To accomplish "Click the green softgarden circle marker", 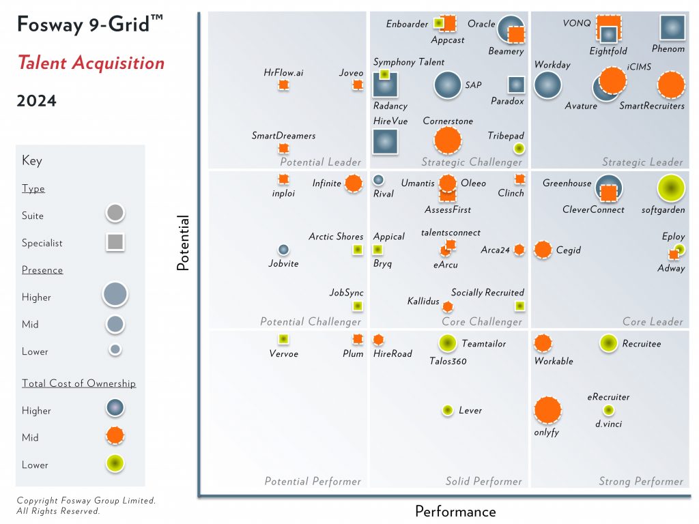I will point(671,189).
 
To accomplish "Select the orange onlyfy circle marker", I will point(547,410).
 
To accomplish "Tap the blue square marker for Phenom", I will point(672,27).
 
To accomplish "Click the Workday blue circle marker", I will point(547,86).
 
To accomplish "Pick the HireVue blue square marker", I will point(385,141).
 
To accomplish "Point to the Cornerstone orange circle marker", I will point(448,141).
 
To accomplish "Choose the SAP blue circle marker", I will point(448,85).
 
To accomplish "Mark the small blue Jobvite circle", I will point(283,250).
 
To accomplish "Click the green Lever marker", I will point(447,410).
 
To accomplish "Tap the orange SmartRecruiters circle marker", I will point(671,85).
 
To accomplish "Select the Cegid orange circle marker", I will point(543,250).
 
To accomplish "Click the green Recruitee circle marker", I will point(608,343).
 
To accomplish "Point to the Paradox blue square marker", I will point(516,85).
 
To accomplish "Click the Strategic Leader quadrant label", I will point(642,162).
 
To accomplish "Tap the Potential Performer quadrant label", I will point(313,482).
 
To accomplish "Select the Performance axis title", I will point(455,511).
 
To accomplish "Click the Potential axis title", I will point(183,244).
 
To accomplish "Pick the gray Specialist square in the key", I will point(115,242).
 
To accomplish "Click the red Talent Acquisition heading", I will point(91,63).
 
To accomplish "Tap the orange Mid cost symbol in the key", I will point(115,435).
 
